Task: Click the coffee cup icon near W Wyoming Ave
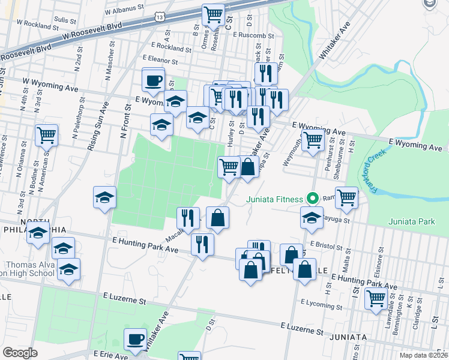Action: pos(153,80)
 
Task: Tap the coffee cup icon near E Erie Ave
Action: pos(135,340)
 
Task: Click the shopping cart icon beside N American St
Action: pos(46,135)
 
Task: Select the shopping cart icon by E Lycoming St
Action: pos(376,298)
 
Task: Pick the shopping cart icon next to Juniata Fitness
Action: pos(346,197)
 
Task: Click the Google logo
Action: pos(20,353)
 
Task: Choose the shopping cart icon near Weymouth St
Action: pos(312,141)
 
